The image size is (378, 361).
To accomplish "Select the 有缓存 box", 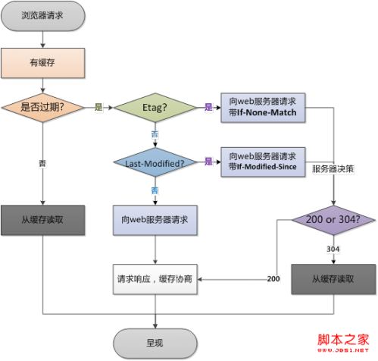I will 42,63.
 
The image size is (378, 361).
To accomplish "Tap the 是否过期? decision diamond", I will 42,109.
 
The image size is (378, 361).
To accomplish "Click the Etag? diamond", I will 155,109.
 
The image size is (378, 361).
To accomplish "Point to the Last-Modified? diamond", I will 155,162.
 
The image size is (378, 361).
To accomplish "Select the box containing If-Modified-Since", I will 262,162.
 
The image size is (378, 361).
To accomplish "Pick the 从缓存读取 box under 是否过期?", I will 42,220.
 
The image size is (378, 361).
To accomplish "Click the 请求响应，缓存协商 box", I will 155,278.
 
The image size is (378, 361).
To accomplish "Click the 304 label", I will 333,249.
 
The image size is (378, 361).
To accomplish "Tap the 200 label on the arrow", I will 274,279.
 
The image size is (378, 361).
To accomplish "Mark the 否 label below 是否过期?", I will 43,162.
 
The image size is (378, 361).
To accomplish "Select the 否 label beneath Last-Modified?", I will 155,190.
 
